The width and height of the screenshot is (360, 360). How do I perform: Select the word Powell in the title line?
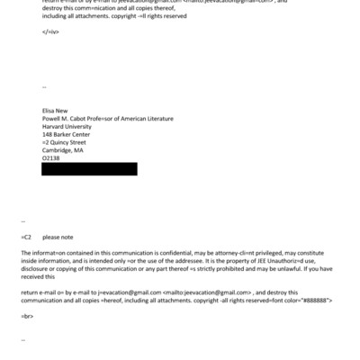(x=54, y=118)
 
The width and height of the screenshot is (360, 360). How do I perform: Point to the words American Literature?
(x=145, y=118)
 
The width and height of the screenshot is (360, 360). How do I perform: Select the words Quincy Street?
(x=68, y=142)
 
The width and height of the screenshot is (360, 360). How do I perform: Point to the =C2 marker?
(x=26, y=238)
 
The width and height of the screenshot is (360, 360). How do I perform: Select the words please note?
(x=58, y=238)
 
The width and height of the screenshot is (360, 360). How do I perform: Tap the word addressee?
(x=191, y=262)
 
